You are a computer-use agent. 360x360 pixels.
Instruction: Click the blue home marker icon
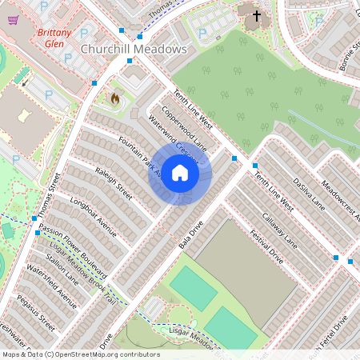coord(180,174)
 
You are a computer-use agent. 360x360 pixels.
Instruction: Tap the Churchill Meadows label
coord(134,49)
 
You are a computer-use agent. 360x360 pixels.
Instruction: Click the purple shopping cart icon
coord(13,20)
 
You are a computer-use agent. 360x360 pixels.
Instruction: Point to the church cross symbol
coord(257,15)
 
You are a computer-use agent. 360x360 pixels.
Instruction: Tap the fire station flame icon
coord(114,100)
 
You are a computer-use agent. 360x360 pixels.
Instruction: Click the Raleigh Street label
coord(113,182)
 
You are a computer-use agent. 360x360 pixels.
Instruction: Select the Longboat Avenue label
coord(94,218)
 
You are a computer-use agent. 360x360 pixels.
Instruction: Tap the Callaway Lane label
coord(279,232)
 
